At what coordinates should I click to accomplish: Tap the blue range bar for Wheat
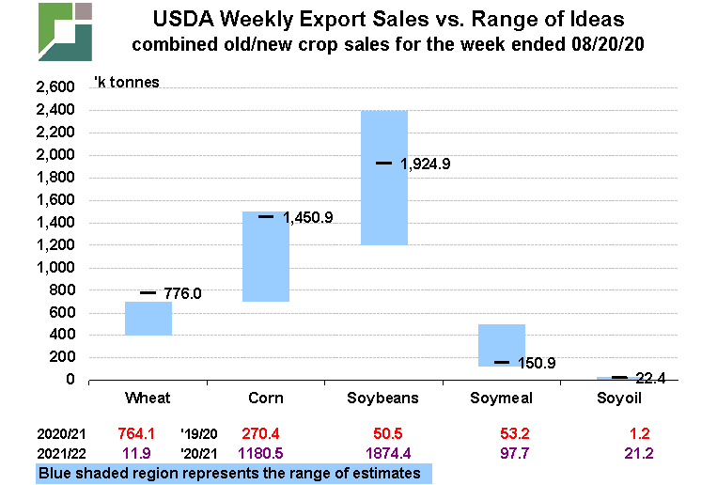coord(148,318)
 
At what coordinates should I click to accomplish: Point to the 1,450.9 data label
coord(308,218)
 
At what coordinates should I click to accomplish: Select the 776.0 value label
coord(182,293)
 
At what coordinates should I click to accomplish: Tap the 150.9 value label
coord(537,363)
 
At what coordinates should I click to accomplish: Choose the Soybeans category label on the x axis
coord(384,399)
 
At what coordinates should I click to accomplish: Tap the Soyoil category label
coord(620,399)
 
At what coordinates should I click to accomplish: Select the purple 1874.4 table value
coord(384,453)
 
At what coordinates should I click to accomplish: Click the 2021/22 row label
coord(60,453)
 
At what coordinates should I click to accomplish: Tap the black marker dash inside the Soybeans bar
coord(384,163)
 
